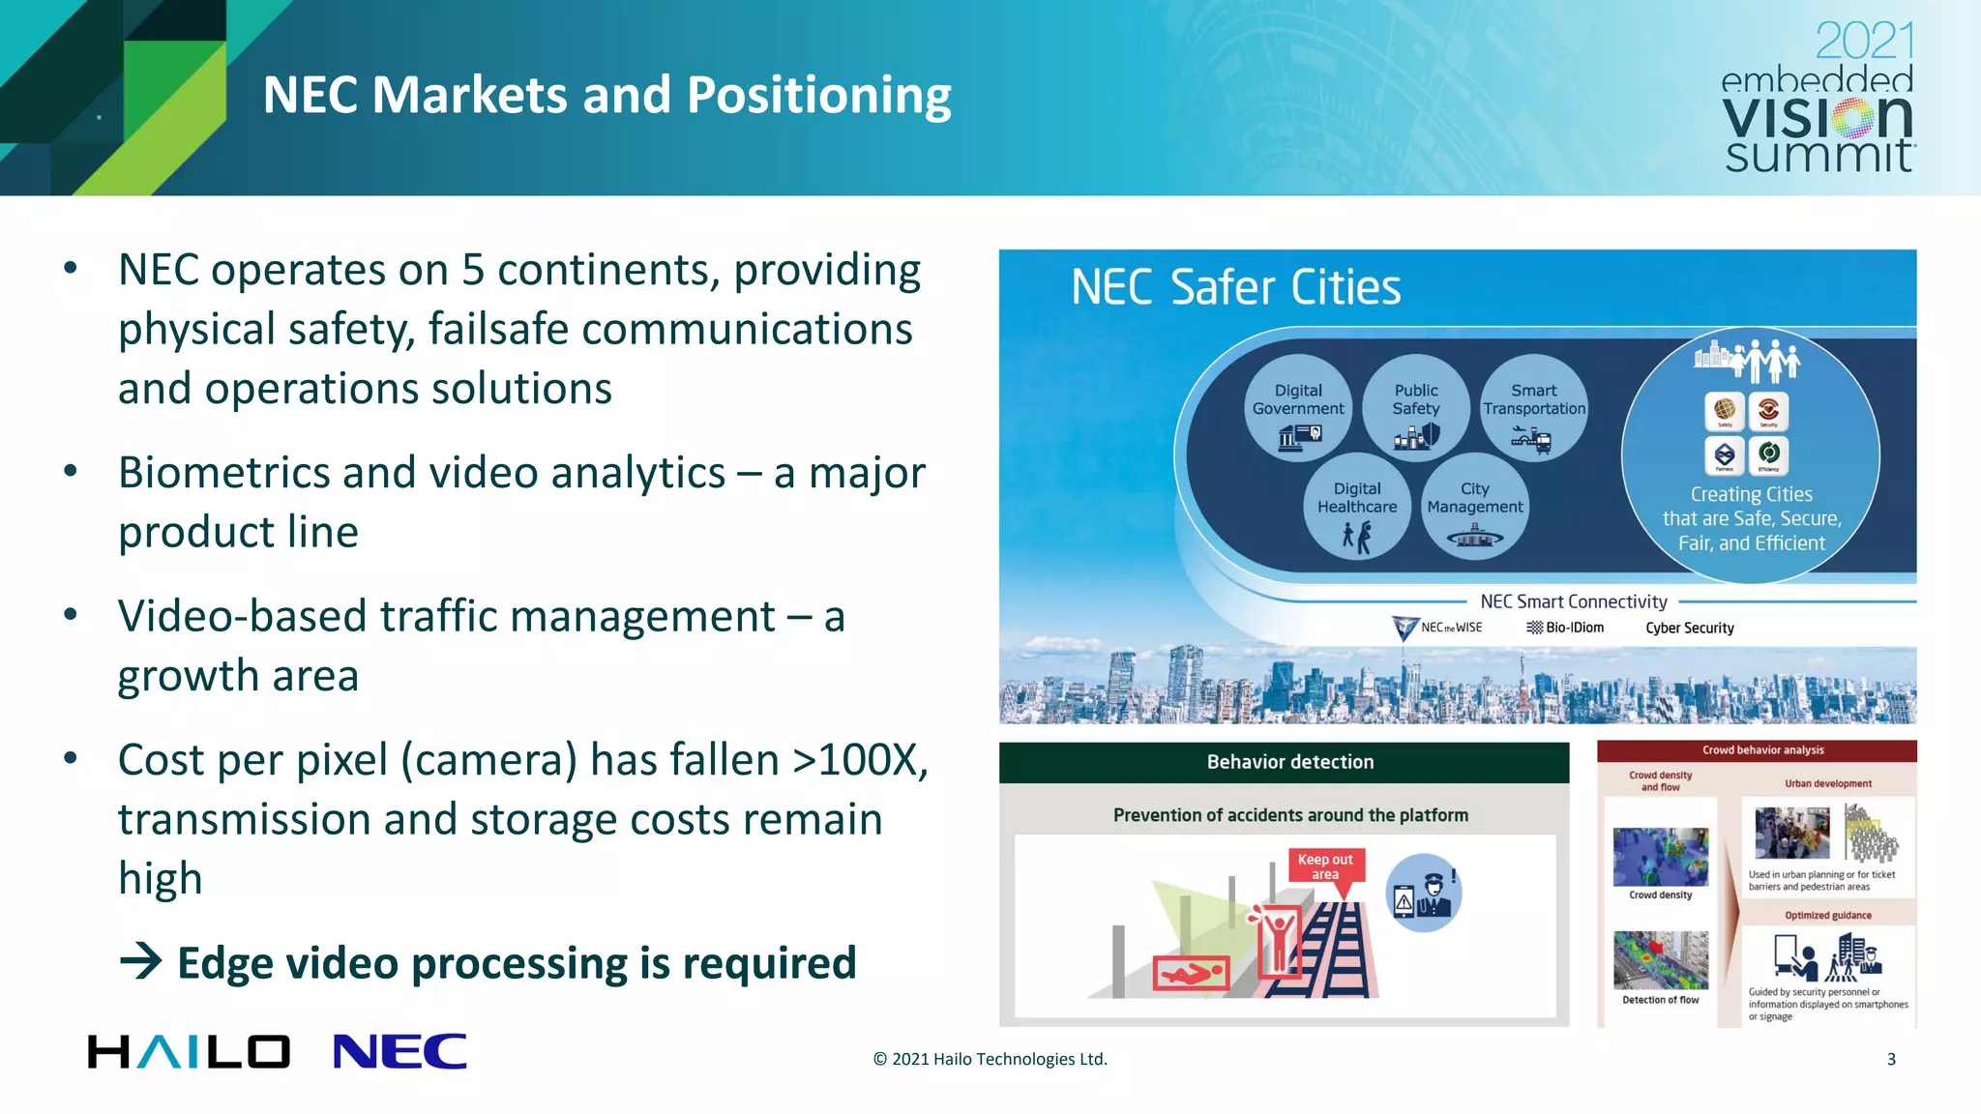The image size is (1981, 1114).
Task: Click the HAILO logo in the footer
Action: pos(189,1051)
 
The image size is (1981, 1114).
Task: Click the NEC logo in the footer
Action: pos(399,1051)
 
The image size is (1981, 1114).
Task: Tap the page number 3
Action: pos(1891,1059)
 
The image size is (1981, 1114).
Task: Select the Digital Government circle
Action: pos(1298,408)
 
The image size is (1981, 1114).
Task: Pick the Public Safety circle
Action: pos(1416,408)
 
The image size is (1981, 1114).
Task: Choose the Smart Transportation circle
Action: pos(1534,408)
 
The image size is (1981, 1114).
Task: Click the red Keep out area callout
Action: pos(1325,865)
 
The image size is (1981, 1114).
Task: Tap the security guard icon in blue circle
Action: pos(1423,893)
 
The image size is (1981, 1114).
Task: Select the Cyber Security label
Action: pos(1690,628)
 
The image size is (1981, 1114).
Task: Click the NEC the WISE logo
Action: pos(1437,628)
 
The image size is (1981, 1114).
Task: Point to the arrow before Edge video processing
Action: pos(141,961)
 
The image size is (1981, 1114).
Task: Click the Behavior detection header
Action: pos(1289,762)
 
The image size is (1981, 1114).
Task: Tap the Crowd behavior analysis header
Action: pos(1762,749)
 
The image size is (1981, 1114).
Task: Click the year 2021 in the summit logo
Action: pos(1865,41)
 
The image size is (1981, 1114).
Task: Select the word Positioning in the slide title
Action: pos(818,96)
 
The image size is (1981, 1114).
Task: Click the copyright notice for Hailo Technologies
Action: pos(990,1059)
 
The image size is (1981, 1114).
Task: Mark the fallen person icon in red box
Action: pos(1191,973)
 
